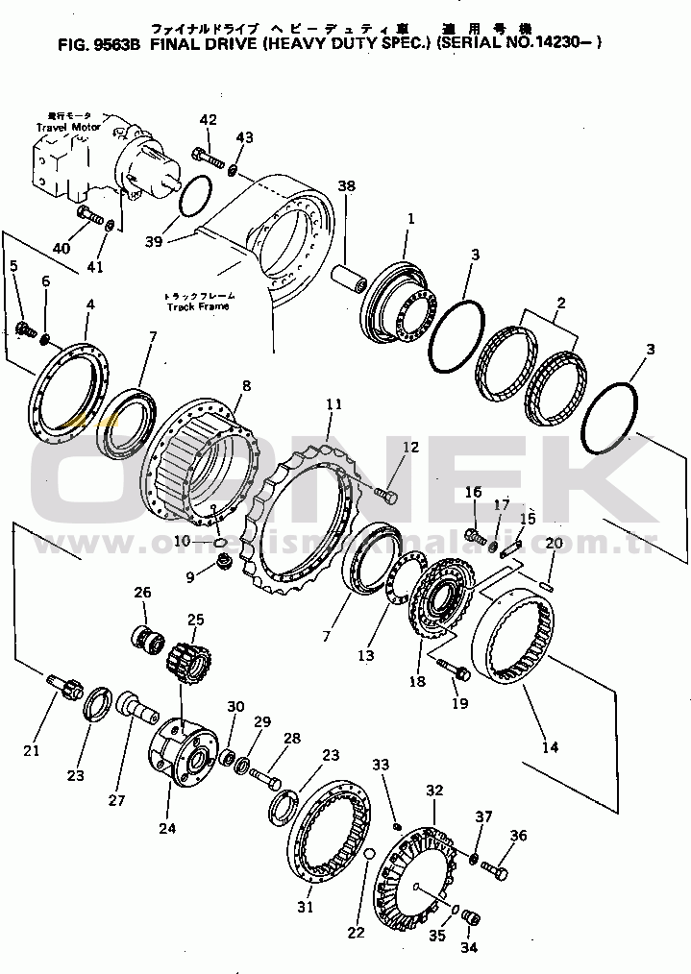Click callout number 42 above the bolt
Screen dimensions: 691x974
(208, 119)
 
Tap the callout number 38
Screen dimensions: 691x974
(347, 186)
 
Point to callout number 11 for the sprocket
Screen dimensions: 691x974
(333, 406)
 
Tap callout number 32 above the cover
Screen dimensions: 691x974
(434, 791)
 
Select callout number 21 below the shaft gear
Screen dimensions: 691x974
(32, 749)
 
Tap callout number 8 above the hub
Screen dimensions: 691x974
(246, 386)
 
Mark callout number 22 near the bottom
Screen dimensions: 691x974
(356, 932)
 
